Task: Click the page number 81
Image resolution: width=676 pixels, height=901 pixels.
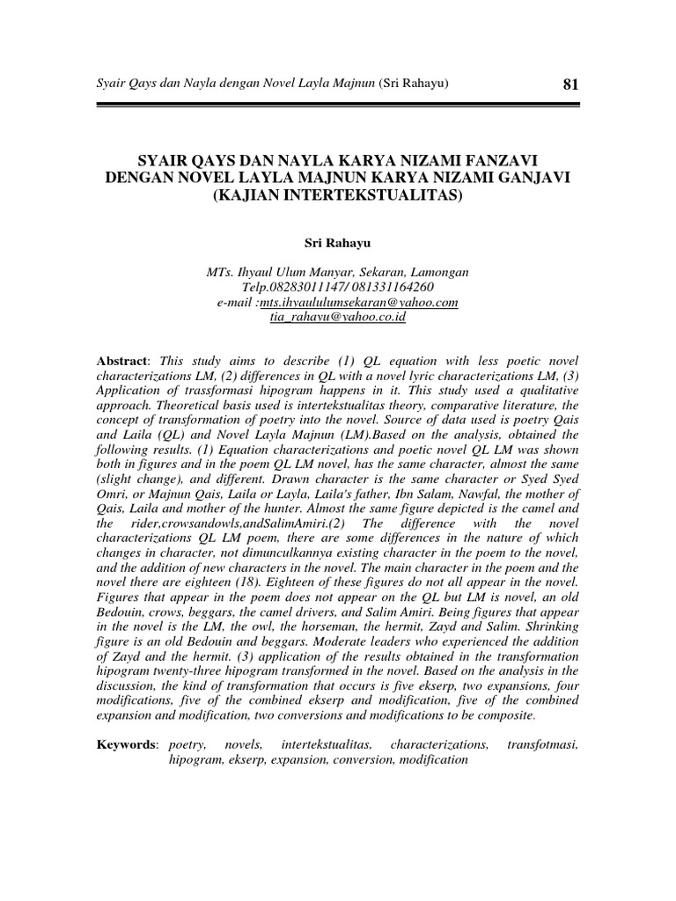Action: [x=569, y=84]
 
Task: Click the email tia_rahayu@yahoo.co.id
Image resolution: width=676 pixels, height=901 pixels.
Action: [x=338, y=318]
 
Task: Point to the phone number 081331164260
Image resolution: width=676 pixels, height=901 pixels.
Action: [x=391, y=288]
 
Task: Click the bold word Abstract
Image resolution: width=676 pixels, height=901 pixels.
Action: [x=122, y=362]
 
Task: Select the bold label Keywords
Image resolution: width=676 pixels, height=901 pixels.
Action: [x=127, y=745]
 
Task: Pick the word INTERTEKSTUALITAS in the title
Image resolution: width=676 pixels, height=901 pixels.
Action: [x=366, y=194]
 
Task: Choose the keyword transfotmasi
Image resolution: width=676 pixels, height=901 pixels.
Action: [x=543, y=745]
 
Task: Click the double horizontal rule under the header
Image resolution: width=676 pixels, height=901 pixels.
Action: [x=338, y=105]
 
